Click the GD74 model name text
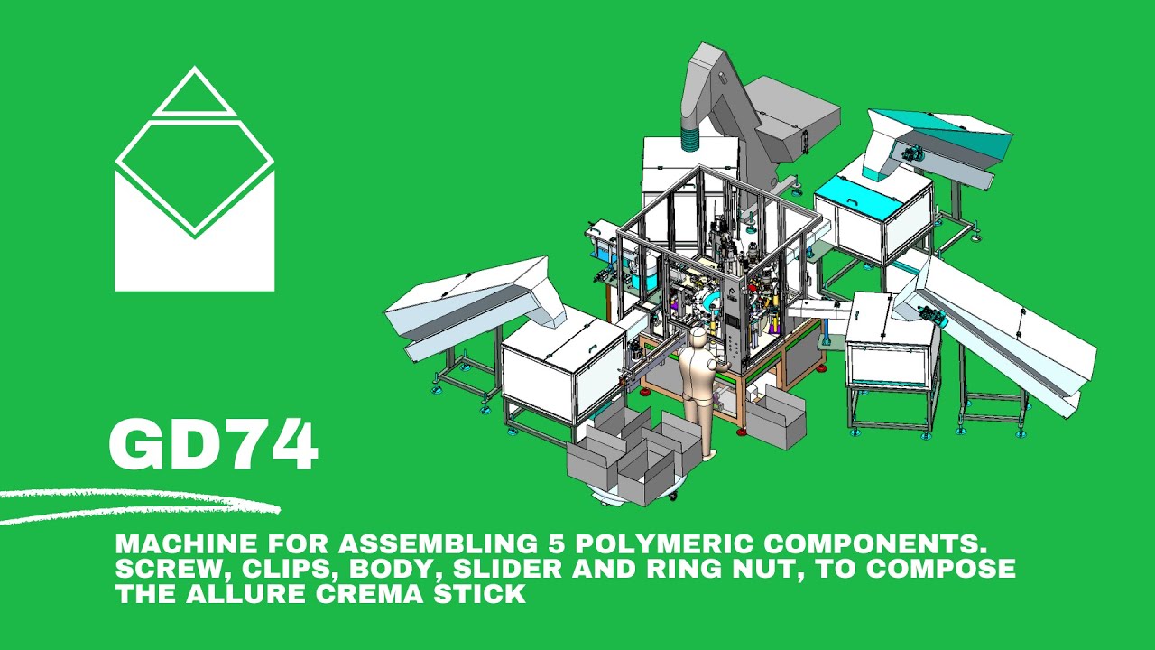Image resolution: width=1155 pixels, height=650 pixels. [x=213, y=446]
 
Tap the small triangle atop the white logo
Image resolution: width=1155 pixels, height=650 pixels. [x=195, y=96]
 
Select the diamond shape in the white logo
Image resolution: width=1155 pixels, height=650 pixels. [x=195, y=175]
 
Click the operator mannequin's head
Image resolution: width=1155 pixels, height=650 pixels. [x=698, y=340]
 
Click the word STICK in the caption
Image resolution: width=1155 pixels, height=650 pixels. [x=486, y=594]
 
